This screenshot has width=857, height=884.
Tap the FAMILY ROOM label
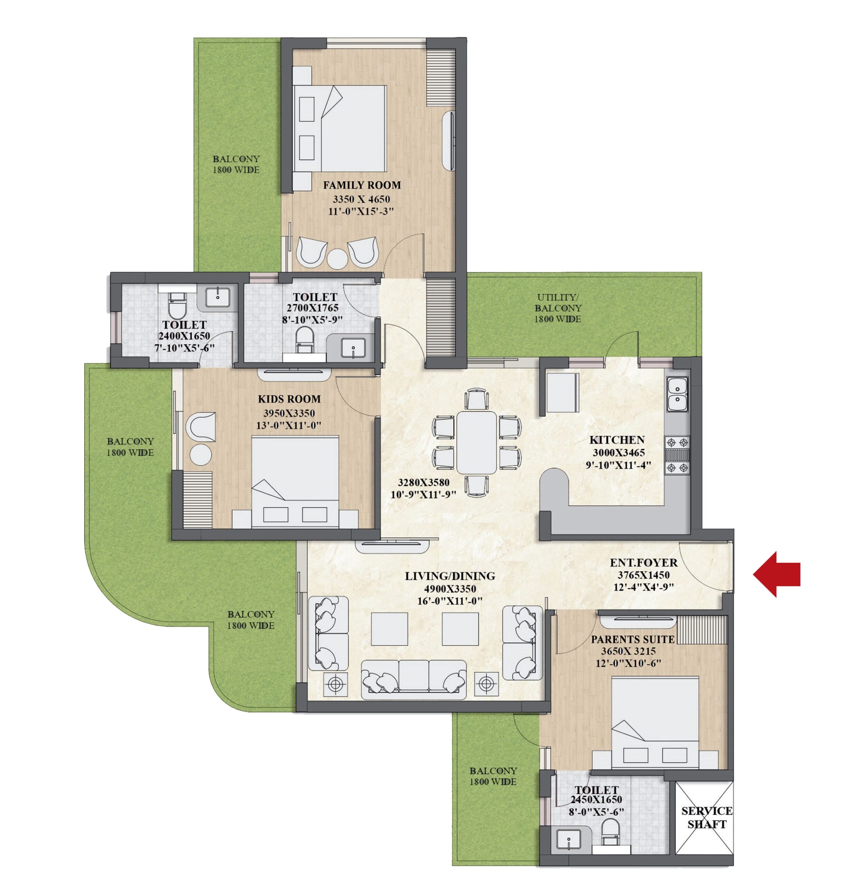click(x=362, y=185)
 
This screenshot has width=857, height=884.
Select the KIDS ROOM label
click(x=289, y=399)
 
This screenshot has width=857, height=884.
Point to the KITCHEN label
click(x=617, y=440)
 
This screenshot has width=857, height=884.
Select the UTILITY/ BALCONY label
click(x=558, y=308)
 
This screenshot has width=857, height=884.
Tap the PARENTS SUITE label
click(x=633, y=640)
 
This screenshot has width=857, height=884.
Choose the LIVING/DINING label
click(x=450, y=576)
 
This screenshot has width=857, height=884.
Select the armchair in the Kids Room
click(x=200, y=426)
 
